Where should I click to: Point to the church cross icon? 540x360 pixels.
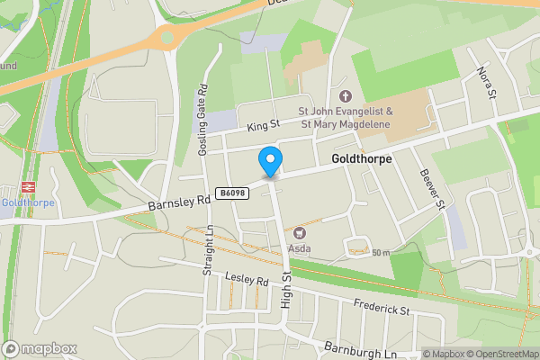344,95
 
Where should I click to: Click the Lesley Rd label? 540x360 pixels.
248,281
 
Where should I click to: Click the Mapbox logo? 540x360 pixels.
40,348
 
